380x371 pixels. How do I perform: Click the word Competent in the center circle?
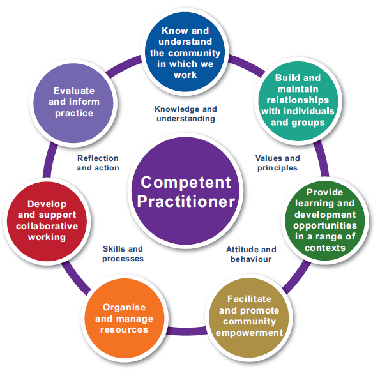186,182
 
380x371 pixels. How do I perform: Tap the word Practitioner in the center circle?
186,202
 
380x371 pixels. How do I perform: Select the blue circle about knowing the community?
185,52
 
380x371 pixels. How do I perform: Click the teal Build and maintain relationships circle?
298,101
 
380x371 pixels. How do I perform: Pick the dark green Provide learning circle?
325,220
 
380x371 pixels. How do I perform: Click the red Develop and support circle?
47,221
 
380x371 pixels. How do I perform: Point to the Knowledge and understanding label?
186,114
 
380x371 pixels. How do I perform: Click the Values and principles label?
277,163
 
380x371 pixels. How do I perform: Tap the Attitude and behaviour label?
251,254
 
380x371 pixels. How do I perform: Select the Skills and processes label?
123,254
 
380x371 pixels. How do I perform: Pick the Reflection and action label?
98,163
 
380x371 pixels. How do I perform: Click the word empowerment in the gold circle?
249,333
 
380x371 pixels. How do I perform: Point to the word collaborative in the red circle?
47,226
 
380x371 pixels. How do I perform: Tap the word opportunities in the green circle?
325,226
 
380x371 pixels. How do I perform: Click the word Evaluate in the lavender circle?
74,91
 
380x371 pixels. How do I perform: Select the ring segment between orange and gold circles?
187,331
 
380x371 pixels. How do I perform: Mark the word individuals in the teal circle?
309,111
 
